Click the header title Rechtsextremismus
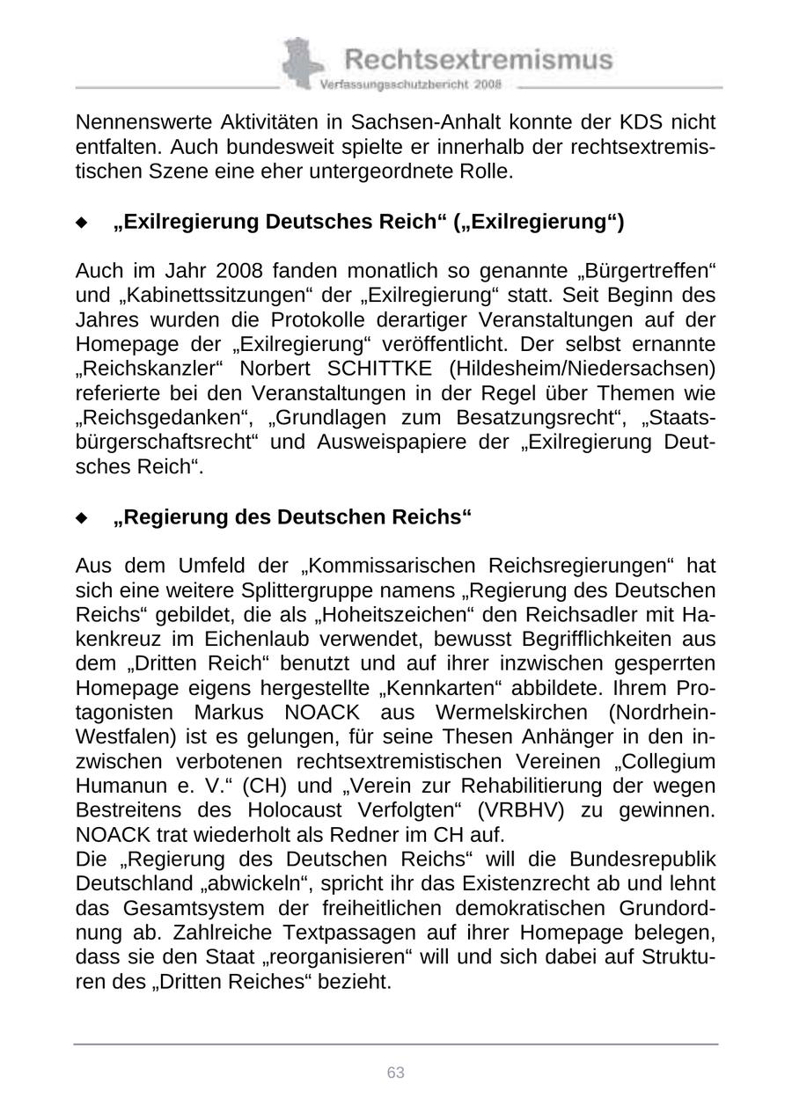(478, 60)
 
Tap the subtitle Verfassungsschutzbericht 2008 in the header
(410, 84)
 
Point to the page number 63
(395, 1072)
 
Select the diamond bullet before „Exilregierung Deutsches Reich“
(82, 223)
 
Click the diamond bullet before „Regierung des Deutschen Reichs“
(82, 518)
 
